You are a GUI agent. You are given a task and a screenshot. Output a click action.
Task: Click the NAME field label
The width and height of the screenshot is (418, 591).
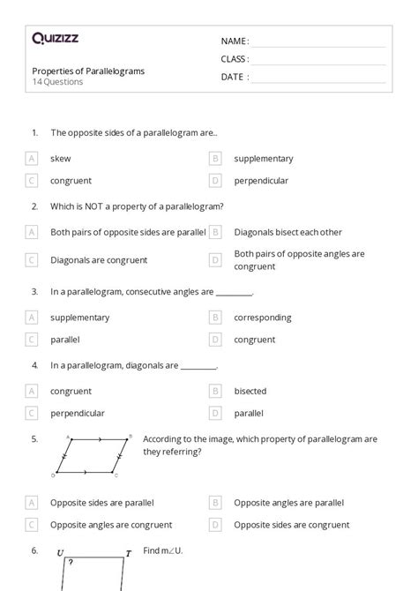235,41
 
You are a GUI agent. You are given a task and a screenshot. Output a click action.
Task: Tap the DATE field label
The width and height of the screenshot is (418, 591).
234,77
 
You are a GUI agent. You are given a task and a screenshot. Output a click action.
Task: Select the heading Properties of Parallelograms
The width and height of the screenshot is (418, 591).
88,71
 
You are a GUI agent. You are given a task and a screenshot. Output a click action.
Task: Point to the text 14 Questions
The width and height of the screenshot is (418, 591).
57,82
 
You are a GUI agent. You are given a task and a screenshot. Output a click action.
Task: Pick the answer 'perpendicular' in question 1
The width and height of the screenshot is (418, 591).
261,181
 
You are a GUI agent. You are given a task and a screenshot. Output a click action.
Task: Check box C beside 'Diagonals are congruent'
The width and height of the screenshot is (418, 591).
32,260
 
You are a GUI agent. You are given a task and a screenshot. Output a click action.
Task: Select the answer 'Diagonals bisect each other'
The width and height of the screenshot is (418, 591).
287,232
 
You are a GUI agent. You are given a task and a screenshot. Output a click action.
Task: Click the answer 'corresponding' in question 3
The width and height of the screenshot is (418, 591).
263,318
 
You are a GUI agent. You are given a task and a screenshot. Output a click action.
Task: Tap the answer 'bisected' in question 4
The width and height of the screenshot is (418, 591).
250,391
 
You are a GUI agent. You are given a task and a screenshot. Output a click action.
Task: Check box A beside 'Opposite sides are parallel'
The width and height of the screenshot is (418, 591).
32,502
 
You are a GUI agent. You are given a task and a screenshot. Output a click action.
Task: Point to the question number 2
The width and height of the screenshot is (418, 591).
34,206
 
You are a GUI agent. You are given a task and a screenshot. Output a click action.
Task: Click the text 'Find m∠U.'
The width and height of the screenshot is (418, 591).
162,550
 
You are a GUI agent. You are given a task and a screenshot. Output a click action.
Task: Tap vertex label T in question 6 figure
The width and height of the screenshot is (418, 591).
128,553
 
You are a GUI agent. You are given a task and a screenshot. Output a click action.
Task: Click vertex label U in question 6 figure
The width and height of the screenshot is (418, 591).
60,553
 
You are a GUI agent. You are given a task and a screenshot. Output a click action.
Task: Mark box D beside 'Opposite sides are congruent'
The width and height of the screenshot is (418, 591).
215,524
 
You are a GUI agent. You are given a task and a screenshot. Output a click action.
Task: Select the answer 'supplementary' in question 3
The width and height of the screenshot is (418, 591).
80,318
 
